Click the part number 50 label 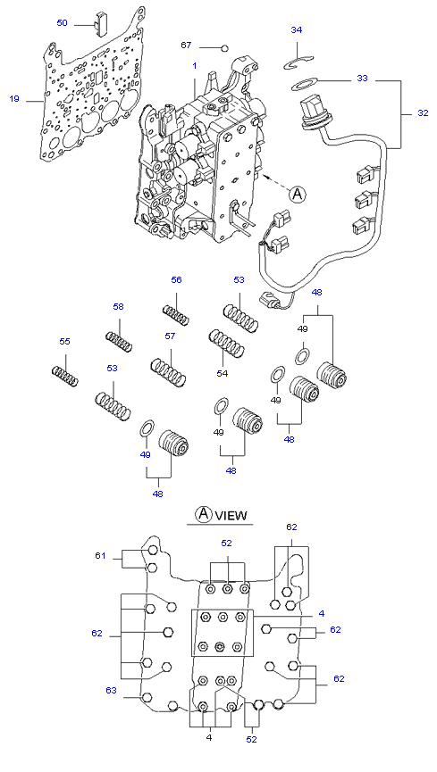point(62,23)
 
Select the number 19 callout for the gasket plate point(13,99)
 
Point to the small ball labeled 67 point(225,48)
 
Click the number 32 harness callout point(423,112)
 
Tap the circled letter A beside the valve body point(297,194)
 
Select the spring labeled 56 point(176,315)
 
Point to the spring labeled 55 point(65,376)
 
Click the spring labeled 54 point(227,343)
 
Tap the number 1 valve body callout point(195,65)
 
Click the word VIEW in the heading point(231,516)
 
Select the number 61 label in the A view point(101,556)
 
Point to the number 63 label point(111,690)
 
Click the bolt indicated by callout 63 point(147,697)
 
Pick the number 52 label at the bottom point(251,739)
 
